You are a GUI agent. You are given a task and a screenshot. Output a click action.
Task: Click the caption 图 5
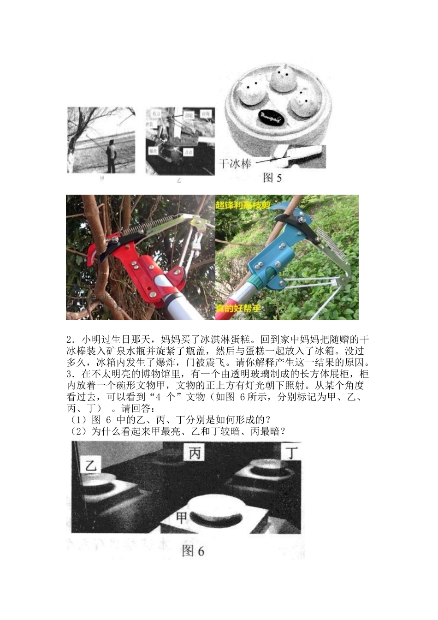click(272, 178)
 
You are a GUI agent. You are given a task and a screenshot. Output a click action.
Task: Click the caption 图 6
click(193, 551)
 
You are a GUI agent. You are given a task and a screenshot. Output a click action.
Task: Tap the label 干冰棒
click(234, 163)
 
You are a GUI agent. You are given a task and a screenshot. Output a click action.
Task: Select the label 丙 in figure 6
click(194, 453)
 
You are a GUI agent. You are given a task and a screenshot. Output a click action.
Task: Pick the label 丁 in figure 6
click(291, 452)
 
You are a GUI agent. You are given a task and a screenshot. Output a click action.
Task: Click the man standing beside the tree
click(111, 155)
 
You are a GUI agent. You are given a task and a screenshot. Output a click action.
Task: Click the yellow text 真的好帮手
click(239, 308)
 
